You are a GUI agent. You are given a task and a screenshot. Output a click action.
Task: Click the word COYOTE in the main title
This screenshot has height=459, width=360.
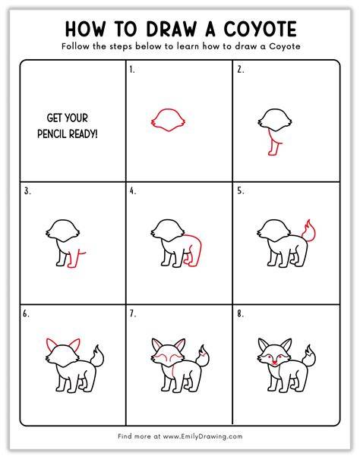[x=261, y=29]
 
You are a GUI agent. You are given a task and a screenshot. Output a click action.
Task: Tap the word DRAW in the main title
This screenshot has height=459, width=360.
[x=172, y=30]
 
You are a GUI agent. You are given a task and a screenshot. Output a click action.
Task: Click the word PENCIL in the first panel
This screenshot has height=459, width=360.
[x=52, y=134]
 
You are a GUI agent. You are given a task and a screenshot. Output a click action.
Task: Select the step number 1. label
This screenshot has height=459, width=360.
[x=132, y=70]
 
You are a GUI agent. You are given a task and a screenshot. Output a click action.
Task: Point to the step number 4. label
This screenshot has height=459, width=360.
[x=133, y=191]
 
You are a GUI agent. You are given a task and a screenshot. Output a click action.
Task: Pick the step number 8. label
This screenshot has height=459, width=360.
[x=241, y=314]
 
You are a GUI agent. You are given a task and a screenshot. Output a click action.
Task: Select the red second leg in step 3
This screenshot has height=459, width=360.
[x=77, y=259]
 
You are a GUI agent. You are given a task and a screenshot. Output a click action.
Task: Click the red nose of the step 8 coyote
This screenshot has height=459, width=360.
[x=274, y=363]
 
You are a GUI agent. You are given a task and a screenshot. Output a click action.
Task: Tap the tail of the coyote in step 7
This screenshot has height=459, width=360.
[x=203, y=356]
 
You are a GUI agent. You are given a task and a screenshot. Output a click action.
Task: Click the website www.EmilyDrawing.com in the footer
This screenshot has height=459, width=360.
[x=203, y=436]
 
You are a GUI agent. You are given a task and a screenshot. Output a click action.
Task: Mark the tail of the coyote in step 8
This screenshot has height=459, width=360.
[x=309, y=356]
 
